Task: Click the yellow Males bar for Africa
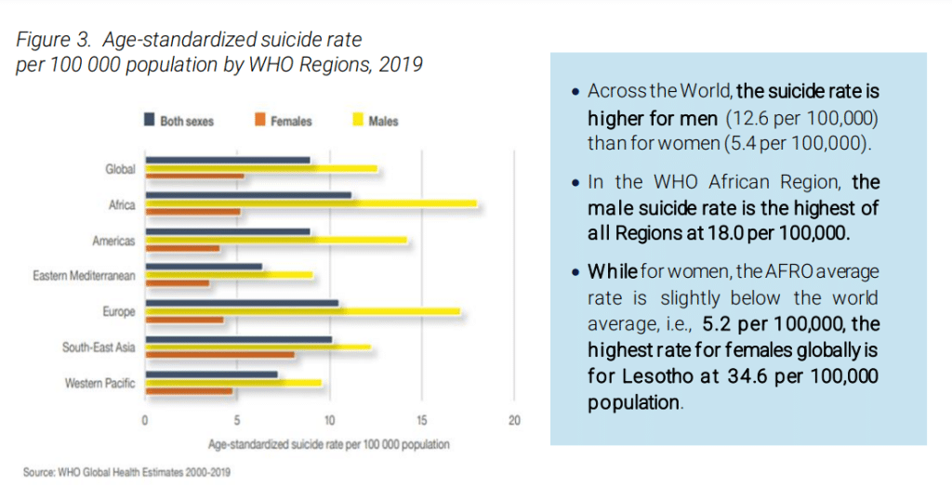[x=311, y=203]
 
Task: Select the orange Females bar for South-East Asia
[x=220, y=355]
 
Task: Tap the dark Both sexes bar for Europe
[x=242, y=303]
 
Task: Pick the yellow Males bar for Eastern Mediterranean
[x=229, y=275]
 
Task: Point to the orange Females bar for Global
[x=194, y=177]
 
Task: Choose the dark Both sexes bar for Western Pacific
[x=211, y=374]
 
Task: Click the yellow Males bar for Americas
[x=276, y=240]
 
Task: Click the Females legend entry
[x=284, y=121]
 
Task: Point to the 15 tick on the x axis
[x=422, y=421]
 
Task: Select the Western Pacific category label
[x=99, y=383]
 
